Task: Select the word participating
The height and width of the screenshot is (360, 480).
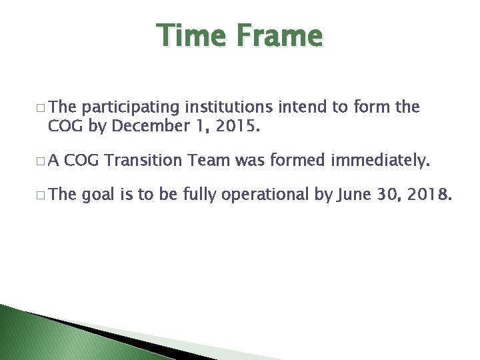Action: click(131, 107)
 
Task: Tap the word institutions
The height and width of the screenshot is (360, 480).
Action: click(227, 107)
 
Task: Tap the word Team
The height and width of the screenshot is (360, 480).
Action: click(210, 160)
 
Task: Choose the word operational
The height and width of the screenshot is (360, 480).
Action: click(265, 195)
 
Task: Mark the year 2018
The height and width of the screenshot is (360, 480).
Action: click(429, 195)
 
